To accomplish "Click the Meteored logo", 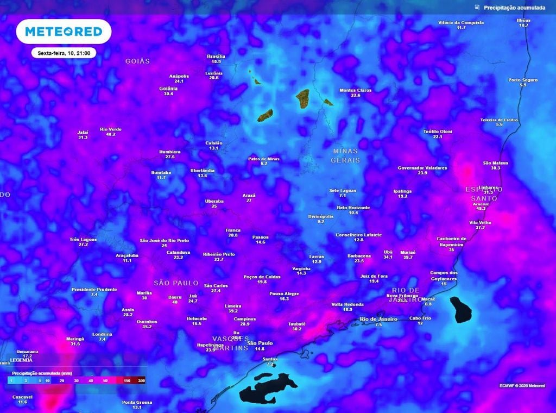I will tap(64, 32).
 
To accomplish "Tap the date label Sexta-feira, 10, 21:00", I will tap(64, 53).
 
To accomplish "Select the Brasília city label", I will tap(216, 57).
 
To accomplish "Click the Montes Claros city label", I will tap(355, 90).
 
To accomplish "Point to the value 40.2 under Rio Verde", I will tap(111, 134).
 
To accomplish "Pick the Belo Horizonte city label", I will tap(353, 208).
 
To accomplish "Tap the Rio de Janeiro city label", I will tap(378, 319).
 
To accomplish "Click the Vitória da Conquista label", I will tap(461, 22).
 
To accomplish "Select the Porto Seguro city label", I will tap(523, 80).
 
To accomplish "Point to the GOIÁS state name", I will tap(137, 61).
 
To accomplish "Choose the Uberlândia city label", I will tap(203, 171).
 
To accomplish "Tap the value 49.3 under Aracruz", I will tap(481, 209).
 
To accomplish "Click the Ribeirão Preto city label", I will tap(219, 254).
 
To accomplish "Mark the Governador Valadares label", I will tap(422, 168).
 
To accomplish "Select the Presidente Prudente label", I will tap(94, 289).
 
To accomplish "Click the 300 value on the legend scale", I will tap(141, 380).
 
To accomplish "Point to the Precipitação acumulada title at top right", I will tap(514, 8).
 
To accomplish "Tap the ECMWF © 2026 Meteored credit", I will tap(522, 385).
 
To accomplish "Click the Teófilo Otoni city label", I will tap(438, 132).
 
